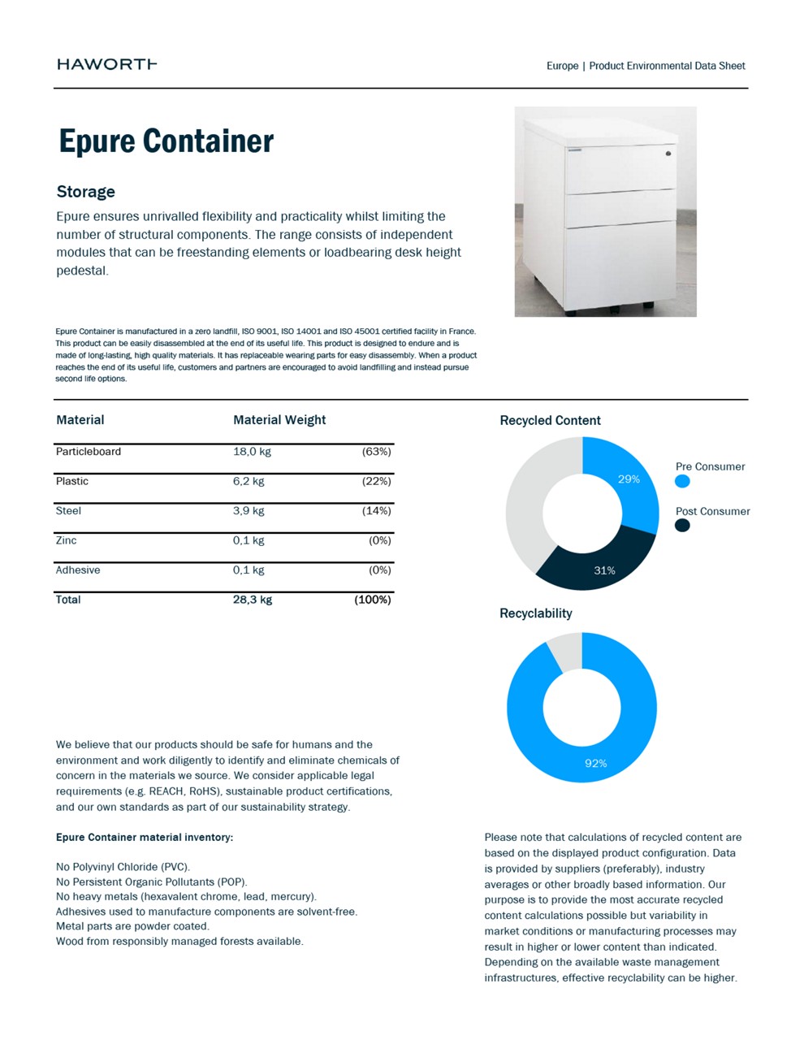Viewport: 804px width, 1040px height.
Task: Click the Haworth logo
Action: point(106,64)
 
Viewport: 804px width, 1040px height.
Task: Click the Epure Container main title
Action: point(166,141)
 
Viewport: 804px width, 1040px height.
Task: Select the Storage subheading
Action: point(85,192)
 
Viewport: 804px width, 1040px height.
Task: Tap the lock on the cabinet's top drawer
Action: point(668,153)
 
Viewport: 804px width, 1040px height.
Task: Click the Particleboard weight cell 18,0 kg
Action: point(252,452)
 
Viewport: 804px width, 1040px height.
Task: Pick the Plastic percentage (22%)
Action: point(376,481)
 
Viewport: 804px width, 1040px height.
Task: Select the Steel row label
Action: point(68,511)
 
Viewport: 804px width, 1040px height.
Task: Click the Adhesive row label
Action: point(78,570)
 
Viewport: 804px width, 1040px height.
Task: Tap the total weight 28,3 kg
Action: point(253,600)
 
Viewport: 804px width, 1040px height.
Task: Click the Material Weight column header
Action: point(279,420)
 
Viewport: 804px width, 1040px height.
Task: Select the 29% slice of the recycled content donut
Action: point(629,479)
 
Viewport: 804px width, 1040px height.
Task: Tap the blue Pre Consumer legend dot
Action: point(682,481)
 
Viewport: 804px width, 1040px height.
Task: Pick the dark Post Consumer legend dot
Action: point(682,525)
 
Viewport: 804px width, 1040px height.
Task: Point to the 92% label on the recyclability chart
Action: point(596,764)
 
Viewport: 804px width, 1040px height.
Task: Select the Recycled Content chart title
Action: point(550,420)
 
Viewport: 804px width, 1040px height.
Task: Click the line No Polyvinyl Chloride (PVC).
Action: point(123,867)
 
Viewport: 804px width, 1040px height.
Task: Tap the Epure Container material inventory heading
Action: point(145,837)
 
